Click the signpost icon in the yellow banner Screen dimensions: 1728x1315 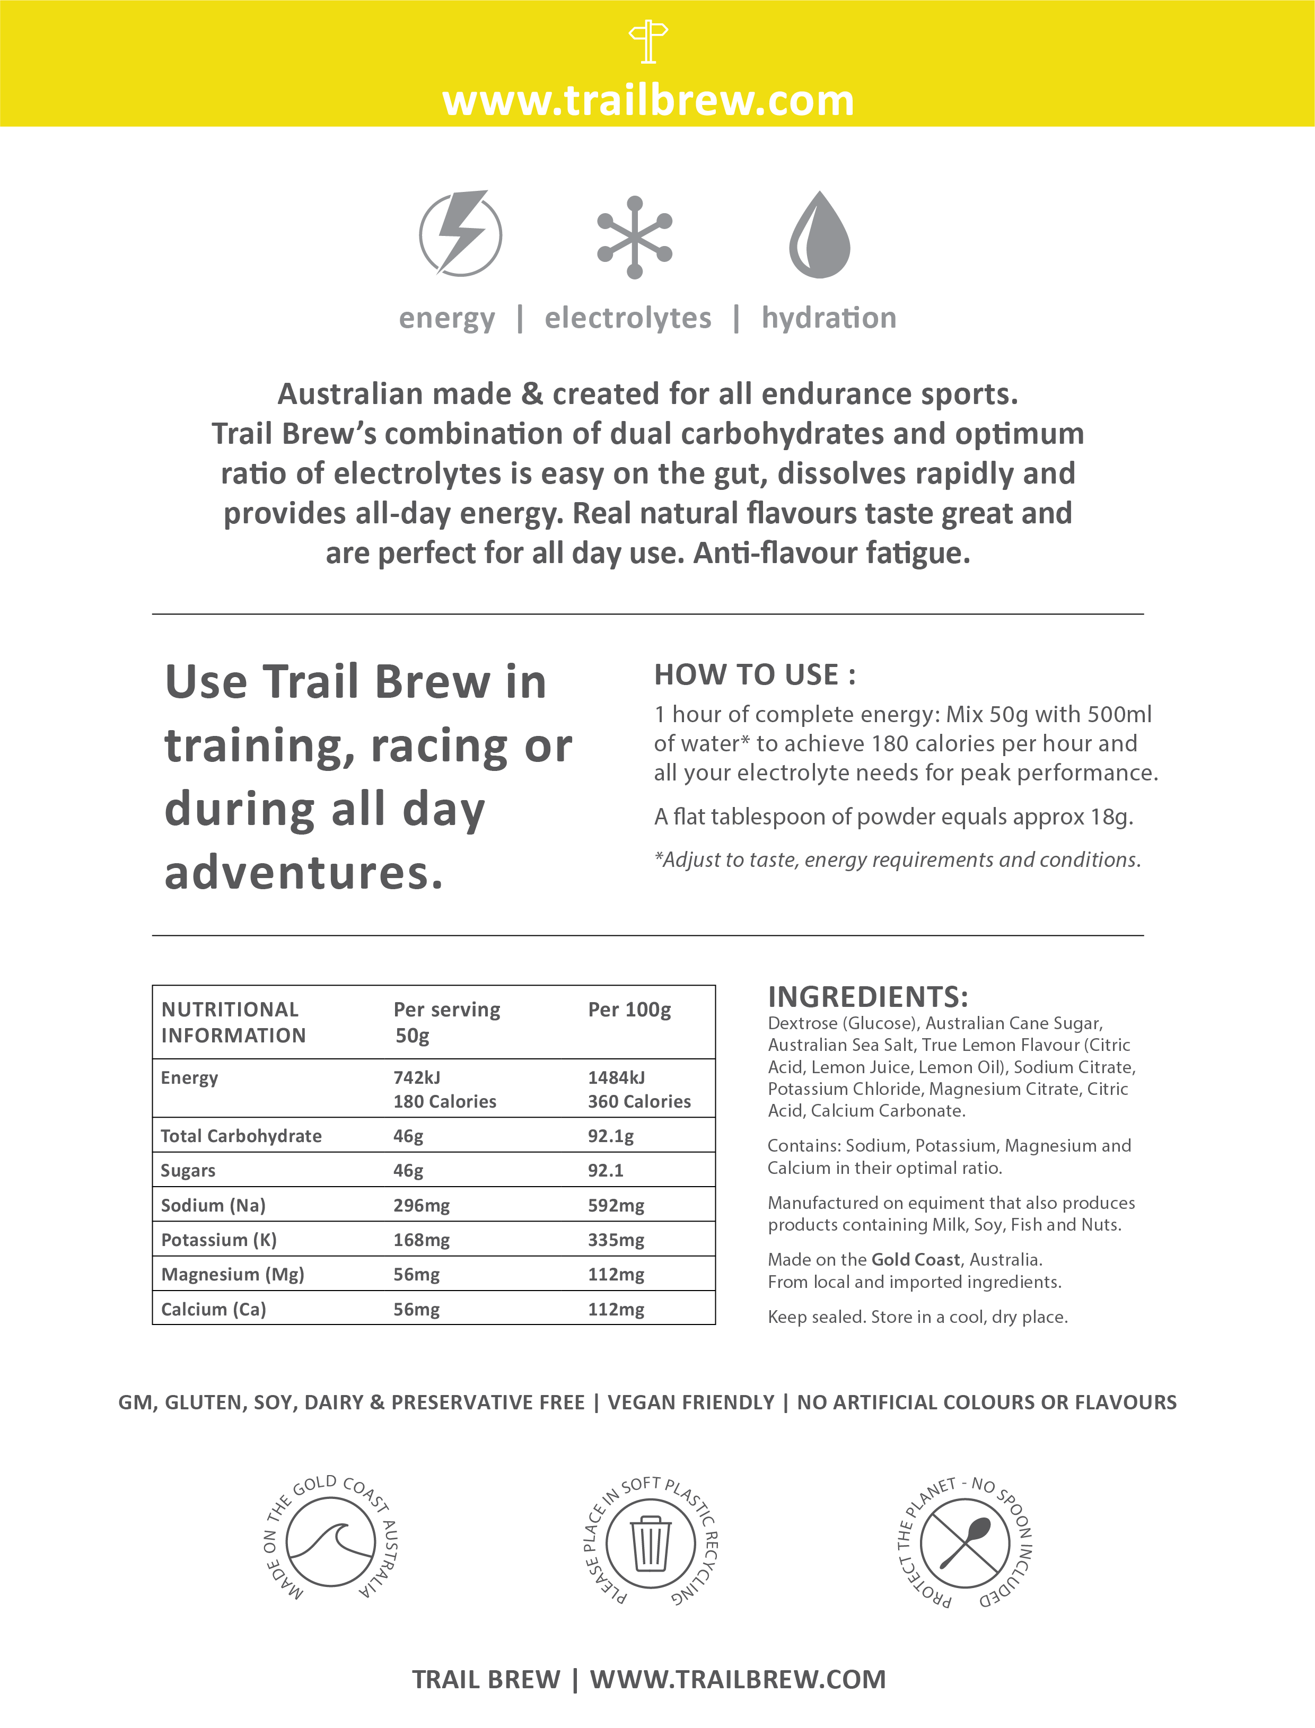[x=648, y=42]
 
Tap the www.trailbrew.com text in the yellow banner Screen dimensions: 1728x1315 [x=648, y=101]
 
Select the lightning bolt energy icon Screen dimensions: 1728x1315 [x=460, y=233]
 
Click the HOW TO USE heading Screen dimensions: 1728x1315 [x=755, y=674]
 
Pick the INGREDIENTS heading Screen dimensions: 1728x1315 [x=868, y=997]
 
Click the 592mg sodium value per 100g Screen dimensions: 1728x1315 [x=616, y=1205]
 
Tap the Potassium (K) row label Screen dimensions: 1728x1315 [x=218, y=1240]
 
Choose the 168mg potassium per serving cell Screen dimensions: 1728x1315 [x=421, y=1240]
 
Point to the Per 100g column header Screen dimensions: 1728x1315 [x=629, y=1010]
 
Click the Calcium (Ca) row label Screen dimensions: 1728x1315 [x=214, y=1309]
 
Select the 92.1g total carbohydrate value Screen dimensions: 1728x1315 [x=610, y=1136]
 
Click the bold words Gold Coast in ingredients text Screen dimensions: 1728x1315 [x=915, y=1259]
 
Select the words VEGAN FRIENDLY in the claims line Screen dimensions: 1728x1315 [x=691, y=1402]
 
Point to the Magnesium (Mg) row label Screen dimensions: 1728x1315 [x=232, y=1274]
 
